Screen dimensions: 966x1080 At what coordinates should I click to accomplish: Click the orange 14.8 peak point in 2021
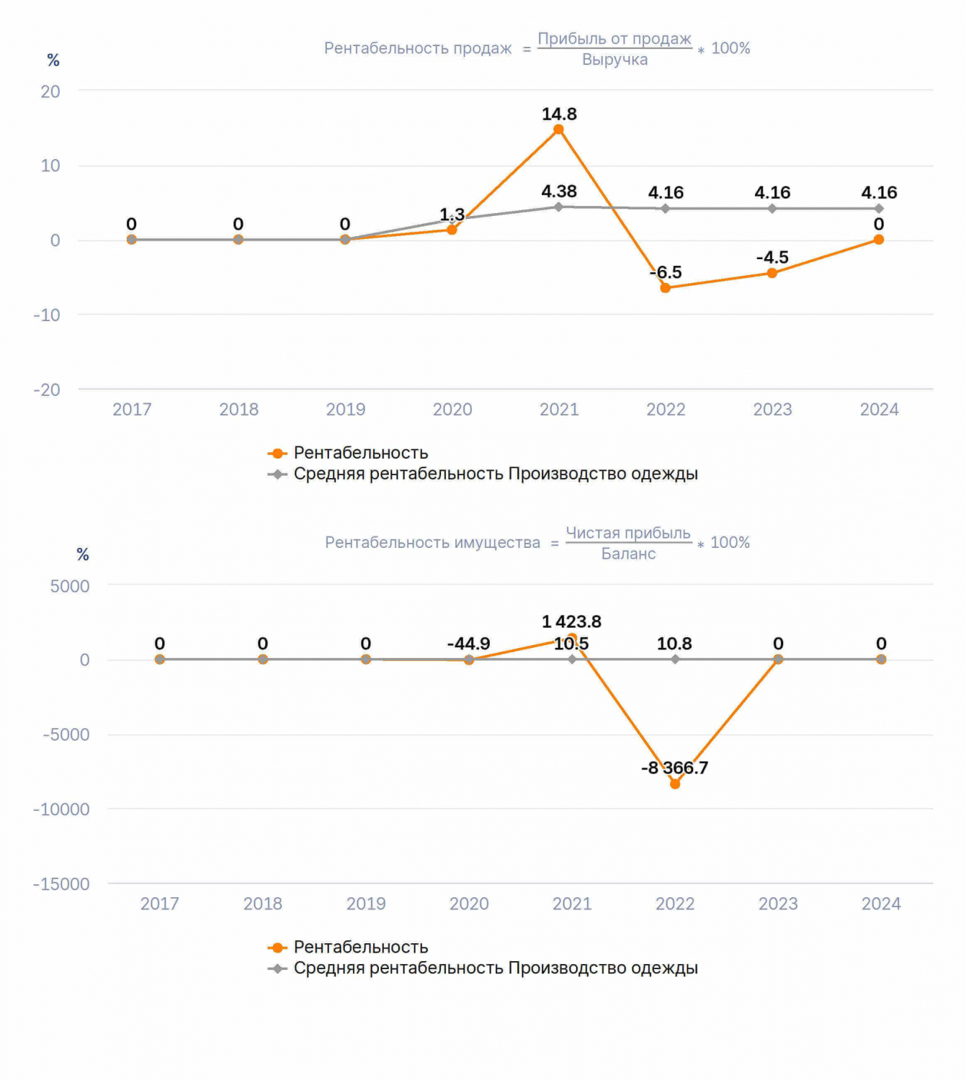pyautogui.click(x=558, y=130)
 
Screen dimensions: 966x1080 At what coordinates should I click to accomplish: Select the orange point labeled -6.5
pyautogui.click(x=665, y=288)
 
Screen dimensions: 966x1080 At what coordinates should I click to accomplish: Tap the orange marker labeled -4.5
pyautogui.click(x=772, y=273)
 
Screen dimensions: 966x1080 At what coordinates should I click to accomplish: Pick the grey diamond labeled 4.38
pyautogui.click(x=558, y=207)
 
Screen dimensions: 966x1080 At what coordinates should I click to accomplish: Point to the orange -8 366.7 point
pyautogui.click(x=675, y=784)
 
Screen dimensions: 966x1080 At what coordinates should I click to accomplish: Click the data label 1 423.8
pyautogui.click(x=571, y=621)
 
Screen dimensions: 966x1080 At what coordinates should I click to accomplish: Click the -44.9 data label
pyautogui.click(x=468, y=644)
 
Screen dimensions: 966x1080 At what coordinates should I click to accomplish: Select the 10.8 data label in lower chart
pyautogui.click(x=674, y=644)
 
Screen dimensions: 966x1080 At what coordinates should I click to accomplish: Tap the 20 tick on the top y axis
pyautogui.click(x=50, y=91)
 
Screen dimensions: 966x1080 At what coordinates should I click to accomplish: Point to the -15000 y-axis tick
pyautogui.click(x=61, y=884)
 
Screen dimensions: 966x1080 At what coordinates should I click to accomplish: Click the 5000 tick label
pyautogui.click(x=69, y=586)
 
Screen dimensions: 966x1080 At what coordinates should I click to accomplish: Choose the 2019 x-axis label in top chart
pyautogui.click(x=346, y=410)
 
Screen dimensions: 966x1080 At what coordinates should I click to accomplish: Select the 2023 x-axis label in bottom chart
pyautogui.click(x=778, y=904)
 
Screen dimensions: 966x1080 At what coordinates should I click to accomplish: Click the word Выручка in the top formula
pyautogui.click(x=614, y=59)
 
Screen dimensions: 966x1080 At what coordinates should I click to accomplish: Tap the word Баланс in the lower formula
pyautogui.click(x=628, y=554)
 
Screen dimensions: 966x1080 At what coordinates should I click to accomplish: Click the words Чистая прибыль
pyautogui.click(x=628, y=533)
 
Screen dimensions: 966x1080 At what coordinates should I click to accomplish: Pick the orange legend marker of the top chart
pyautogui.click(x=277, y=454)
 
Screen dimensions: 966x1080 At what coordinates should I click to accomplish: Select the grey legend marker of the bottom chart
pyautogui.click(x=277, y=968)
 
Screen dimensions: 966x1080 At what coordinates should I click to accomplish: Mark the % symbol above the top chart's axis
pyautogui.click(x=53, y=60)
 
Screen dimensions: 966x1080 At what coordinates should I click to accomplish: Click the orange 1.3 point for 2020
pyautogui.click(x=452, y=230)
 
